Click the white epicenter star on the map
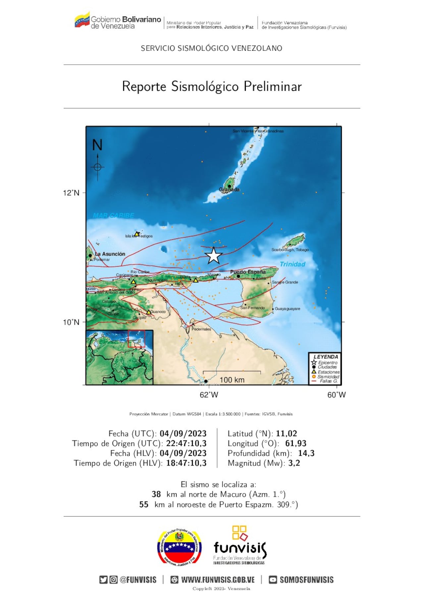point(214,256)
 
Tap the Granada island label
point(229,190)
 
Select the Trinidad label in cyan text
point(292,264)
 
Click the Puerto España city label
point(248,272)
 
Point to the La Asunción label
point(110,254)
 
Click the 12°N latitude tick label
point(71,193)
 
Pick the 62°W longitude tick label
point(209,395)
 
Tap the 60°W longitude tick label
point(336,395)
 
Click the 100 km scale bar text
point(232,380)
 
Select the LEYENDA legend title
point(326,357)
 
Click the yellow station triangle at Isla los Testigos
point(137,234)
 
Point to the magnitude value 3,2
point(294,463)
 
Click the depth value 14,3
point(306,453)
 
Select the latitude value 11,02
point(286,433)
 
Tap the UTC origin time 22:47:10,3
point(186,443)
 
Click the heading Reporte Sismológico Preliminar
point(212,86)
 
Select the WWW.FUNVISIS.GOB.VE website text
point(218,580)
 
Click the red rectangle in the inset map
point(136,339)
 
